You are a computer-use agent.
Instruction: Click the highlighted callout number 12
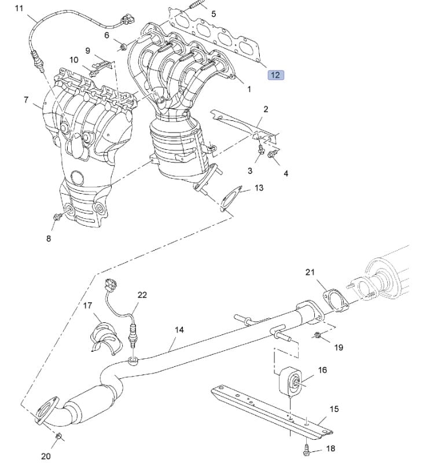[275, 75]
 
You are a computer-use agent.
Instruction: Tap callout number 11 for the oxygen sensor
[20, 8]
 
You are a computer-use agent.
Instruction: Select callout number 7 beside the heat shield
[26, 100]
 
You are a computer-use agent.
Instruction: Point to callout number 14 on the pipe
[179, 329]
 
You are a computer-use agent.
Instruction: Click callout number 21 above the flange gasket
[310, 272]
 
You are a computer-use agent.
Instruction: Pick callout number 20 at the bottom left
[46, 456]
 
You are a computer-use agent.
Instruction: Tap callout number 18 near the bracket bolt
[330, 448]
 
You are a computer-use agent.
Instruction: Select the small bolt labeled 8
[57, 217]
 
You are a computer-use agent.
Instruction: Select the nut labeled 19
[318, 336]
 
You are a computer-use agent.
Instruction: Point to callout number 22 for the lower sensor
[142, 295]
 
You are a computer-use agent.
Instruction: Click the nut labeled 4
[274, 154]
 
